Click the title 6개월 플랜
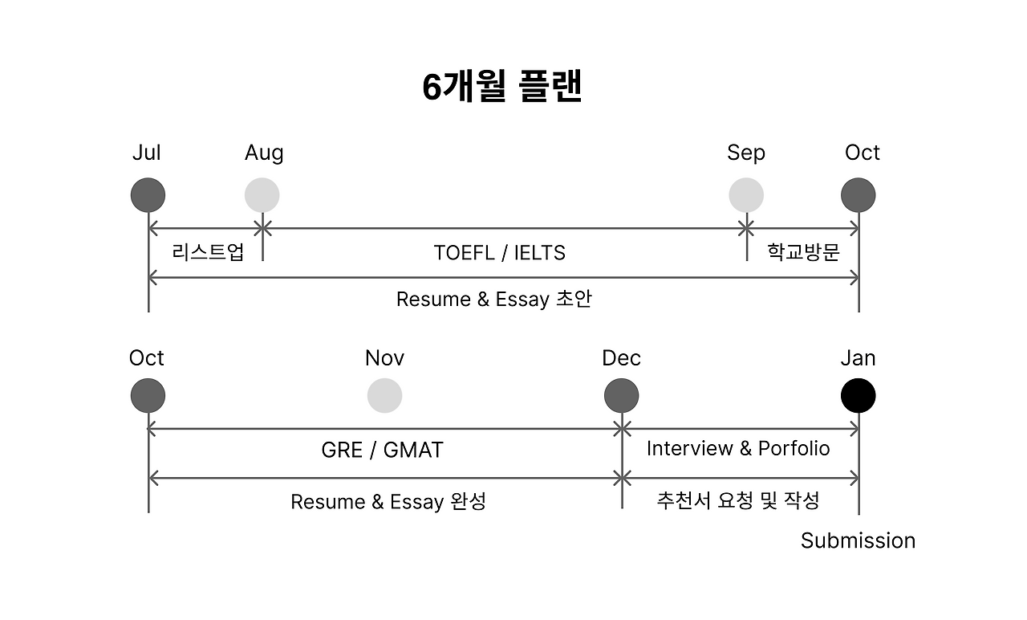pyautogui.click(x=501, y=87)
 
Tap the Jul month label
pyautogui.click(x=147, y=153)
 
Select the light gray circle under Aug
pyautogui.click(x=262, y=195)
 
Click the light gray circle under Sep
pyautogui.click(x=746, y=195)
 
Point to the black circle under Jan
pyautogui.click(x=858, y=396)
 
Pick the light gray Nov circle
pyautogui.click(x=384, y=396)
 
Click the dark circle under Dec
pyautogui.click(x=622, y=396)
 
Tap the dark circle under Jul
pyautogui.click(x=148, y=195)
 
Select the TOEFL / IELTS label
pyautogui.click(x=499, y=253)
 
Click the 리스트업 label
pyautogui.click(x=208, y=252)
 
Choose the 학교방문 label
pyautogui.click(x=803, y=252)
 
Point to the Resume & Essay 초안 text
pyautogui.click(x=494, y=300)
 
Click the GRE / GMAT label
pyautogui.click(x=382, y=450)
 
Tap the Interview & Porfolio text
pyautogui.click(x=738, y=448)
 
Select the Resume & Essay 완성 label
pyautogui.click(x=388, y=502)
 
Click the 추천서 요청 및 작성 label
pyautogui.click(x=738, y=501)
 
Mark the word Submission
pyautogui.click(x=858, y=540)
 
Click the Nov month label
pyautogui.click(x=384, y=357)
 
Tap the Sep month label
pyautogui.click(x=746, y=153)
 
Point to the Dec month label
pyautogui.click(x=622, y=357)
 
